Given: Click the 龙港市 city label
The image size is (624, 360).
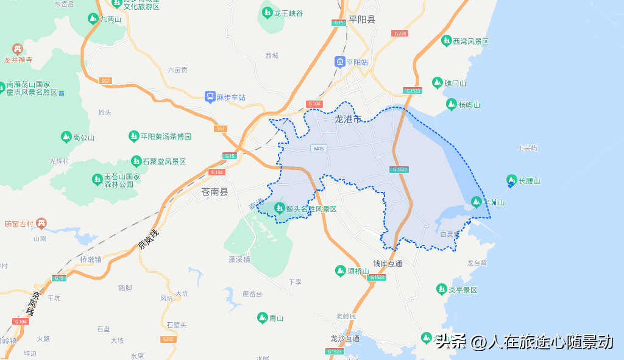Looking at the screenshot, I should tap(348, 119).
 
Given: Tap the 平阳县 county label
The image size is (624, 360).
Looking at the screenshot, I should tap(362, 19).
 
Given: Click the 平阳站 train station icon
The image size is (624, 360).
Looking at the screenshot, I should tap(339, 62).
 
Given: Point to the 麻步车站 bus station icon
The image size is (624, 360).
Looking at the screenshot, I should tap(210, 97).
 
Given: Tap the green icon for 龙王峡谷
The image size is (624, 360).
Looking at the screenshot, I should tap(267, 12).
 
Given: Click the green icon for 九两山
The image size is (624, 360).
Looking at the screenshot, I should tap(93, 19).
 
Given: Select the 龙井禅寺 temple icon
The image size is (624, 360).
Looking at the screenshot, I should tap(18, 49).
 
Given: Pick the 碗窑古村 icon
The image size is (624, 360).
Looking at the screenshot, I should tap(41, 224).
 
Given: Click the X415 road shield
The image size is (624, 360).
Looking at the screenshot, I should tap(318, 149).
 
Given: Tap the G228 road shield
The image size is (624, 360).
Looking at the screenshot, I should tap(400, 33).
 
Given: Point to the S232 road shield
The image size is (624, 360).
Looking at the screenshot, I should tap(168, 339).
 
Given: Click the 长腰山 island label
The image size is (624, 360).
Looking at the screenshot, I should tap(530, 181).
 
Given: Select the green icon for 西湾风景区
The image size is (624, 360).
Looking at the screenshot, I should tap(446, 41).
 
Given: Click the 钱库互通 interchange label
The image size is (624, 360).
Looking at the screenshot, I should tap(388, 264).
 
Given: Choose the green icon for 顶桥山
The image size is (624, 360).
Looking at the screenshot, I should tap(340, 270).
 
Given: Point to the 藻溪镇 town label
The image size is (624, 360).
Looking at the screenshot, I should tap(239, 259).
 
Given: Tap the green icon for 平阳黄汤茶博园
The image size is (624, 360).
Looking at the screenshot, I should tap(133, 136).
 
